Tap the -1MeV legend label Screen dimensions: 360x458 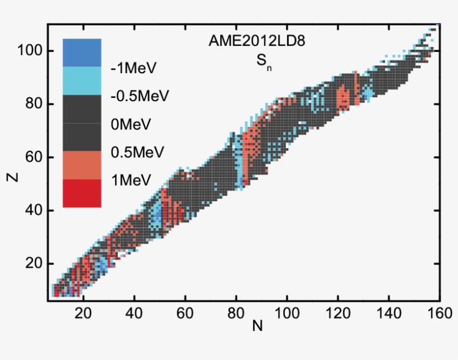click(133, 68)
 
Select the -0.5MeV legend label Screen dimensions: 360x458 click(140, 96)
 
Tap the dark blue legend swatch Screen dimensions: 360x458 click(82, 53)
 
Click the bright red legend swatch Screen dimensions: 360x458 click(82, 193)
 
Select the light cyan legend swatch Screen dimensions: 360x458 click(82, 80)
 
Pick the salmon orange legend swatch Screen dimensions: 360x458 click(82, 165)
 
